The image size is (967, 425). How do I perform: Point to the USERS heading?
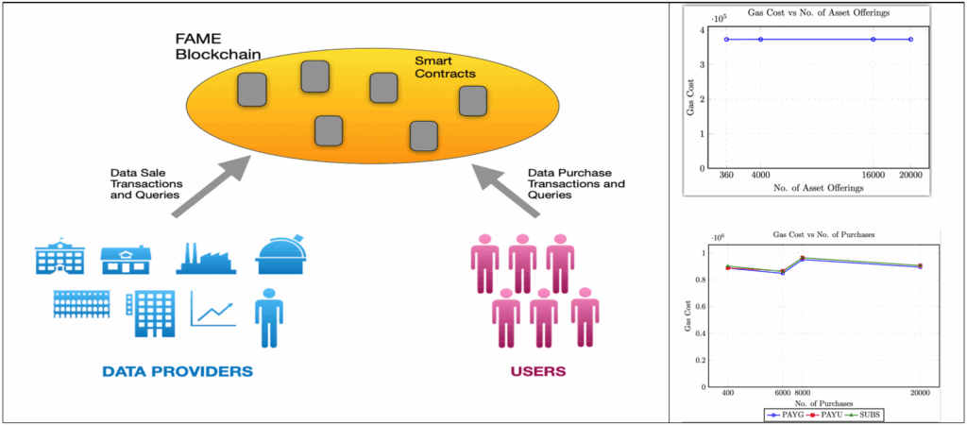[538, 371]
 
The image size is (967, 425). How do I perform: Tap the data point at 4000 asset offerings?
[760, 40]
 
